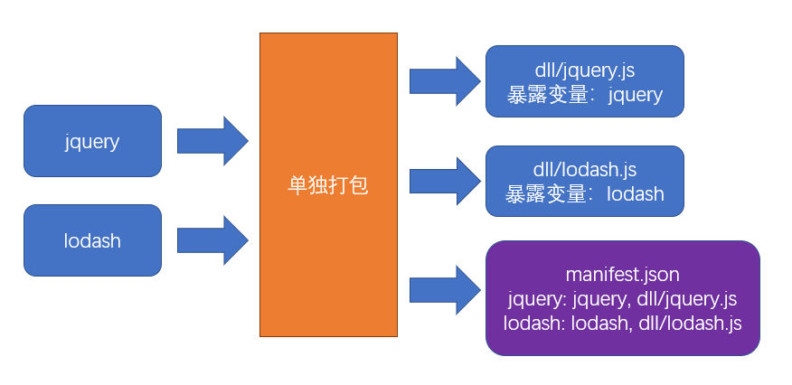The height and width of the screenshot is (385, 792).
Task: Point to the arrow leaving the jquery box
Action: (x=212, y=141)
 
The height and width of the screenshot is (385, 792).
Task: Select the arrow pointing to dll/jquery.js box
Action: (x=444, y=81)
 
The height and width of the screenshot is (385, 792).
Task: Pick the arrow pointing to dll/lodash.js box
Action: (x=444, y=181)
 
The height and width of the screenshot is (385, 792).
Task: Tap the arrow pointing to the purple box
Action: (x=444, y=290)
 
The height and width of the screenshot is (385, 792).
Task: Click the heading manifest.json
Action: (x=622, y=273)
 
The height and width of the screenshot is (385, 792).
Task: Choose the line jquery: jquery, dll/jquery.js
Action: (x=622, y=298)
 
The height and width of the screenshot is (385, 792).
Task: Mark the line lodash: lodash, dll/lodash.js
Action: (x=622, y=323)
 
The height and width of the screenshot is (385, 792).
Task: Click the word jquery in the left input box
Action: (x=92, y=142)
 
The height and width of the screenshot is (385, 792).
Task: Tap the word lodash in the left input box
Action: (x=92, y=241)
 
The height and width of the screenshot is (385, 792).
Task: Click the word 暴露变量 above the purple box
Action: (x=538, y=193)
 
